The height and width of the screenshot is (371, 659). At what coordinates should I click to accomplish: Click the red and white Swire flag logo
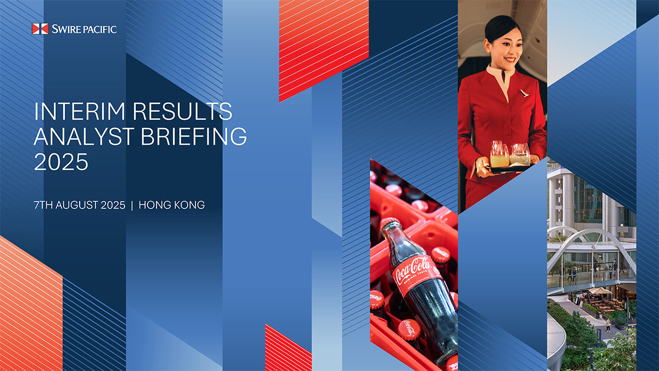(x=40, y=29)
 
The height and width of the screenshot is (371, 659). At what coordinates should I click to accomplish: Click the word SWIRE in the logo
(x=66, y=29)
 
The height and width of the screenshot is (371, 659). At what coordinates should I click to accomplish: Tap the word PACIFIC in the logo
(x=100, y=29)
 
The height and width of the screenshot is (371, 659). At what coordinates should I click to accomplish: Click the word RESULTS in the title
(x=182, y=111)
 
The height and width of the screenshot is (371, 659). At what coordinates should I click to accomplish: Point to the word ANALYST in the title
(x=84, y=136)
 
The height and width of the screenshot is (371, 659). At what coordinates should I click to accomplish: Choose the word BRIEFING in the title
(x=194, y=136)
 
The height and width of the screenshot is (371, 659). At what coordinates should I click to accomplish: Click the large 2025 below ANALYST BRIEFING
(x=61, y=162)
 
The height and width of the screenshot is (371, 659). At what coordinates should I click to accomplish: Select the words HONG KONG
(x=171, y=205)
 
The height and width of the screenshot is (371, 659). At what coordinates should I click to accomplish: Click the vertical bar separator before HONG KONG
(x=132, y=205)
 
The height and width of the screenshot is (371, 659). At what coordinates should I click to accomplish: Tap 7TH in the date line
(x=43, y=205)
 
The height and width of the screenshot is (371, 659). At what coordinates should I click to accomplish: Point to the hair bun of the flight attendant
(x=496, y=26)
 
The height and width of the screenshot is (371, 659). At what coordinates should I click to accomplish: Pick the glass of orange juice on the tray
(x=499, y=155)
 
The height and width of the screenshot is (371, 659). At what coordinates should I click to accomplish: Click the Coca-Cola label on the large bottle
(x=414, y=275)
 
